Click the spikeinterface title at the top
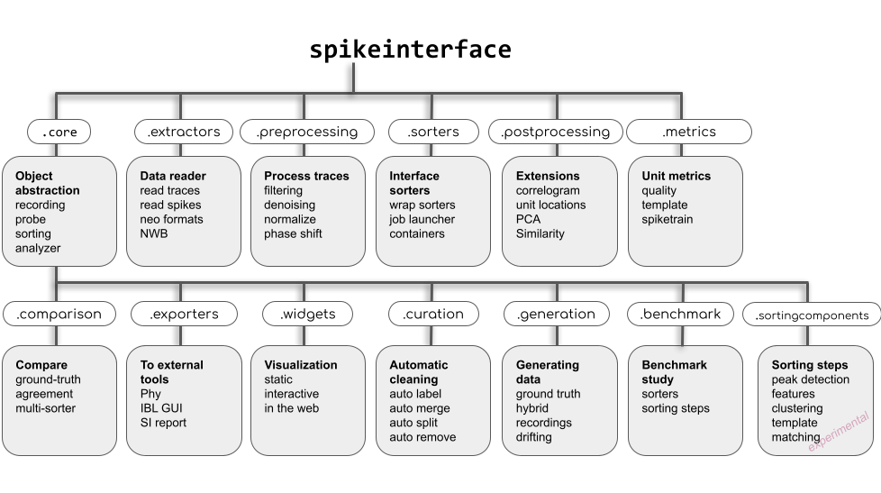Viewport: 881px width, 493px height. pyautogui.click(x=410, y=50)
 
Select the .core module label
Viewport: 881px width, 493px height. pyautogui.click(x=59, y=132)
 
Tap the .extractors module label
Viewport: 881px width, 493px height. pyautogui.click(x=183, y=132)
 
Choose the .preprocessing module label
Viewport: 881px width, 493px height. pyautogui.click(x=306, y=132)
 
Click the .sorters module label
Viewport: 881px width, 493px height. pyautogui.click(x=433, y=132)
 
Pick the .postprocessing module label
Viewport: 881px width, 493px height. pyautogui.click(x=555, y=132)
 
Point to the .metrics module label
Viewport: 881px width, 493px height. pyautogui.click(x=689, y=132)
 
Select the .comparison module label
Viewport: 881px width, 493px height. pyautogui.click(x=59, y=314)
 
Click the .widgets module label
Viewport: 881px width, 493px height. pyautogui.click(x=307, y=314)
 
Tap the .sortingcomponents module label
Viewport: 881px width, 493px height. pyautogui.click(x=812, y=315)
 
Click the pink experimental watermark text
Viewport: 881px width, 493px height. pyautogui.click(x=839, y=428)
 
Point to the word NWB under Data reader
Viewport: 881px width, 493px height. pyautogui.click(x=154, y=233)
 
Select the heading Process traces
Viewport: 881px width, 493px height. pyautogui.click(x=305, y=176)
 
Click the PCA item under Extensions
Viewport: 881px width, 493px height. pyautogui.click(x=528, y=219)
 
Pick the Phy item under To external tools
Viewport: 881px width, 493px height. pyautogui.click(x=150, y=394)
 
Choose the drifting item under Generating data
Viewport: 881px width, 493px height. pyautogui.click(x=533, y=437)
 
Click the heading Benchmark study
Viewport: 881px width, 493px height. pyautogui.click(x=674, y=372)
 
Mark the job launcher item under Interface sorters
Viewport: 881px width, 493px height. pyautogui.click(x=422, y=219)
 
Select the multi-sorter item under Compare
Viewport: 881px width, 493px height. pyautogui.click(x=45, y=408)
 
